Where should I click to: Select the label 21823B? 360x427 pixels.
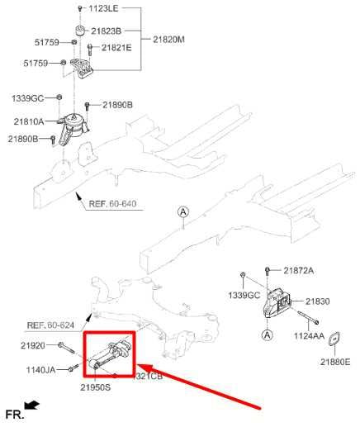coord(106,31)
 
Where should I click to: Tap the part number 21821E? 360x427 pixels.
coord(116,48)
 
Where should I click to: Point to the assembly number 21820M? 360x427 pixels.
coord(170,39)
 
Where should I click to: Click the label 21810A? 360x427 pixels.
coord(29,121)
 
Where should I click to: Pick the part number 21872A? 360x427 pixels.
coord(299,271)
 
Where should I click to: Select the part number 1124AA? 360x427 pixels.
coord(310,335)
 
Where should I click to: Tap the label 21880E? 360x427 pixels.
coord(335,362)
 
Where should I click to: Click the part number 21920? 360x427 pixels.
coord(32,344)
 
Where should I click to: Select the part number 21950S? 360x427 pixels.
coord(95,387)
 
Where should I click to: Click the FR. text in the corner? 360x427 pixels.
coord(12,412)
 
